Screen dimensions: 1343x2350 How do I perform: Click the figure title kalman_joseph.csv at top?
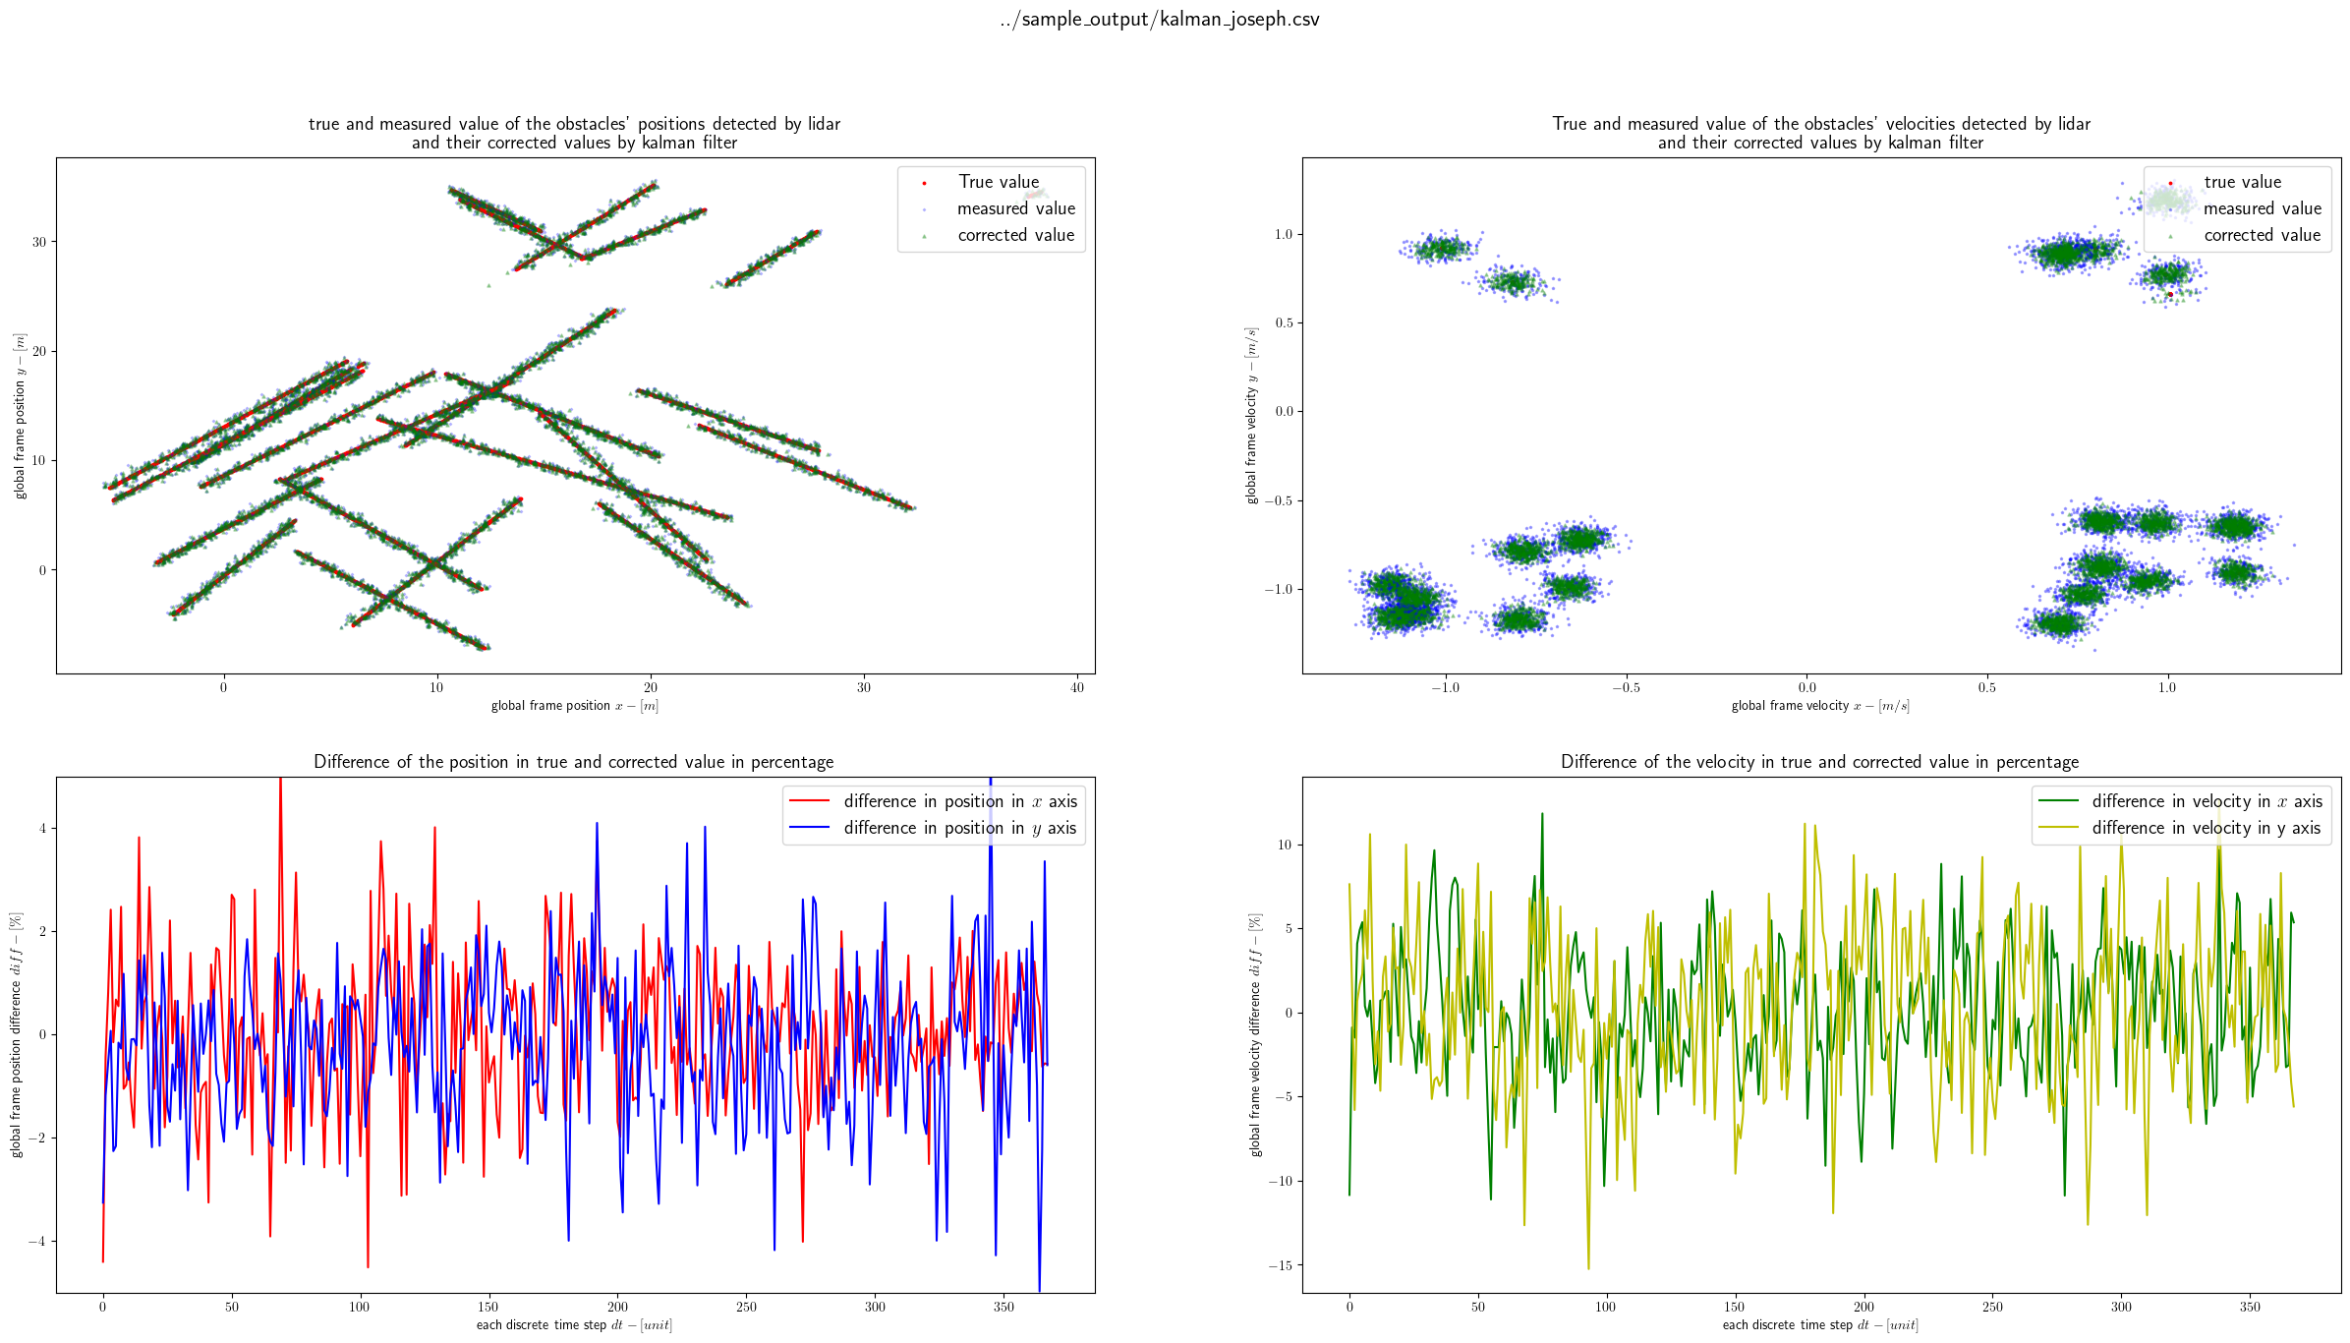point(1160,20)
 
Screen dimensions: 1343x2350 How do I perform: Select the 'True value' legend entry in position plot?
point(998,182)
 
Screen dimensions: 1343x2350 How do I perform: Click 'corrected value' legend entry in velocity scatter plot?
point(2261,235)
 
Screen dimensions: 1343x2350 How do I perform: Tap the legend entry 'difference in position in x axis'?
point(959,801)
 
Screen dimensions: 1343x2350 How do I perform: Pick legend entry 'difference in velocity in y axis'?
point(2205,828)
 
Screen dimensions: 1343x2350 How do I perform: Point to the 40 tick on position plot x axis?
point(1077,687)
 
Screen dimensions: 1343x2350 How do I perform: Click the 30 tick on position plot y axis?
point(39,242)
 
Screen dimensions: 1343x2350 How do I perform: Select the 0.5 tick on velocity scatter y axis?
point(1284,323)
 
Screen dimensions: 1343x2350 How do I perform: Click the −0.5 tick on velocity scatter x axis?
point(1626,687)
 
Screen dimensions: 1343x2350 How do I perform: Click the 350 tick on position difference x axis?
point(1003,1307)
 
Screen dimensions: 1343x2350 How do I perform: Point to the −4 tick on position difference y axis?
point(36,1242)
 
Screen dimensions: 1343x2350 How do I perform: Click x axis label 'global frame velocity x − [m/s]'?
point(1819,706)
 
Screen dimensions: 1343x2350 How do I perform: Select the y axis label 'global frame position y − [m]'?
point(20,416)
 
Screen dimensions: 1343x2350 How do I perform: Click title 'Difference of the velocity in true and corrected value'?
point(1819,762)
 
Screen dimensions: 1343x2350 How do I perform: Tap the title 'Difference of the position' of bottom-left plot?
point(573,762)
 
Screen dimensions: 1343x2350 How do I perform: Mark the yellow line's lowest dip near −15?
point(1588,1266)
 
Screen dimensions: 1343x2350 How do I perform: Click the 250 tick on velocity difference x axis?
point(1992,1307)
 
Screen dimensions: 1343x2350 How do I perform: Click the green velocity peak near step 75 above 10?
point(1542,815)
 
